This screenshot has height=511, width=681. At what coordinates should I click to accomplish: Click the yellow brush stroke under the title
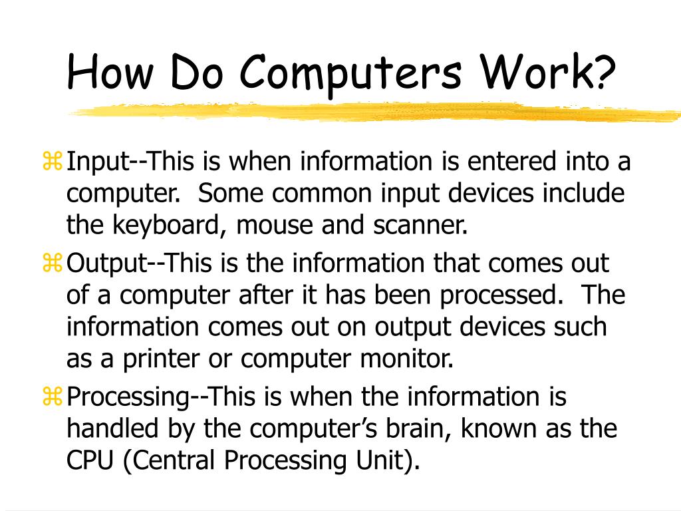(x=372, y=112)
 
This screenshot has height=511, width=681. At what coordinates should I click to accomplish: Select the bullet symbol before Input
(x=53, y=161)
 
